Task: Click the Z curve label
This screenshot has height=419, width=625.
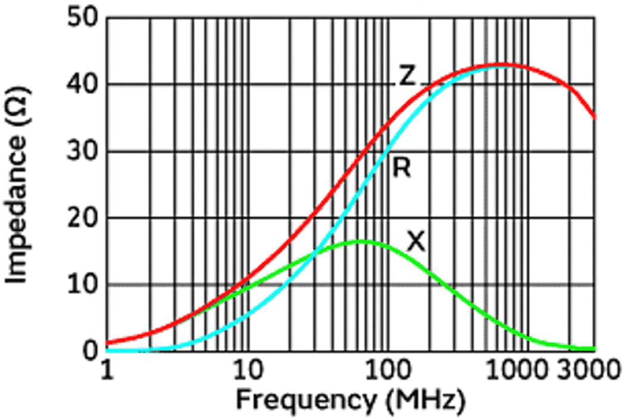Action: coord(407,77)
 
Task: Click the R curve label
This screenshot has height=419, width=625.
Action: coord(402,168)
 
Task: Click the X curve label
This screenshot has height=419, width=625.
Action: coord(416,242)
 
